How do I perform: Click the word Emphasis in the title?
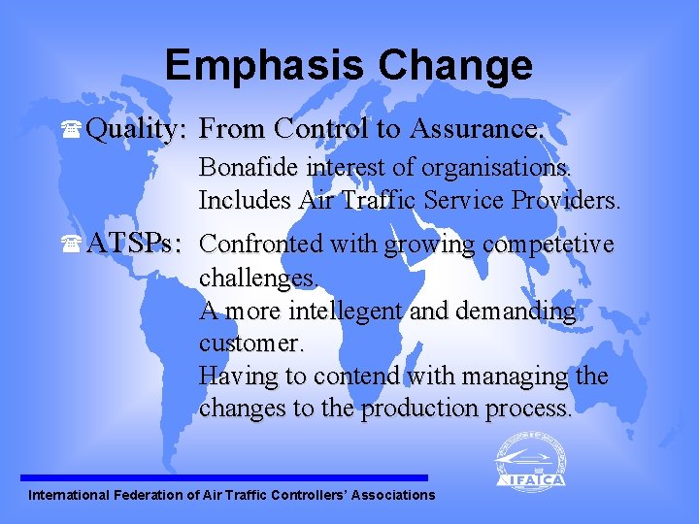pos(264,66)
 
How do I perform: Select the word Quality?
pos(137,129)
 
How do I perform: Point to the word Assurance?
pos(477,128)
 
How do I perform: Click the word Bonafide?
pos(249,168)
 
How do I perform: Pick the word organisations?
pos(496,168)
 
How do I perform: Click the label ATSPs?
pos(134,244)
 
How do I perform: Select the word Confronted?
pos(262,244)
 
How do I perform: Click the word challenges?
pos(258,278)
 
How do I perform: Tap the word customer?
pos(251,344)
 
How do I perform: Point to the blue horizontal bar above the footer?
pos(223,477)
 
